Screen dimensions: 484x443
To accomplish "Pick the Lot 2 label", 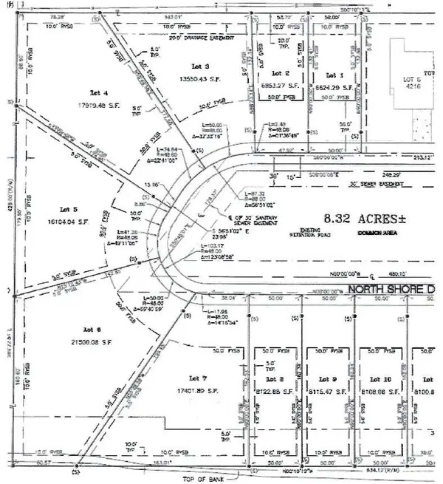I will pos(278,75).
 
